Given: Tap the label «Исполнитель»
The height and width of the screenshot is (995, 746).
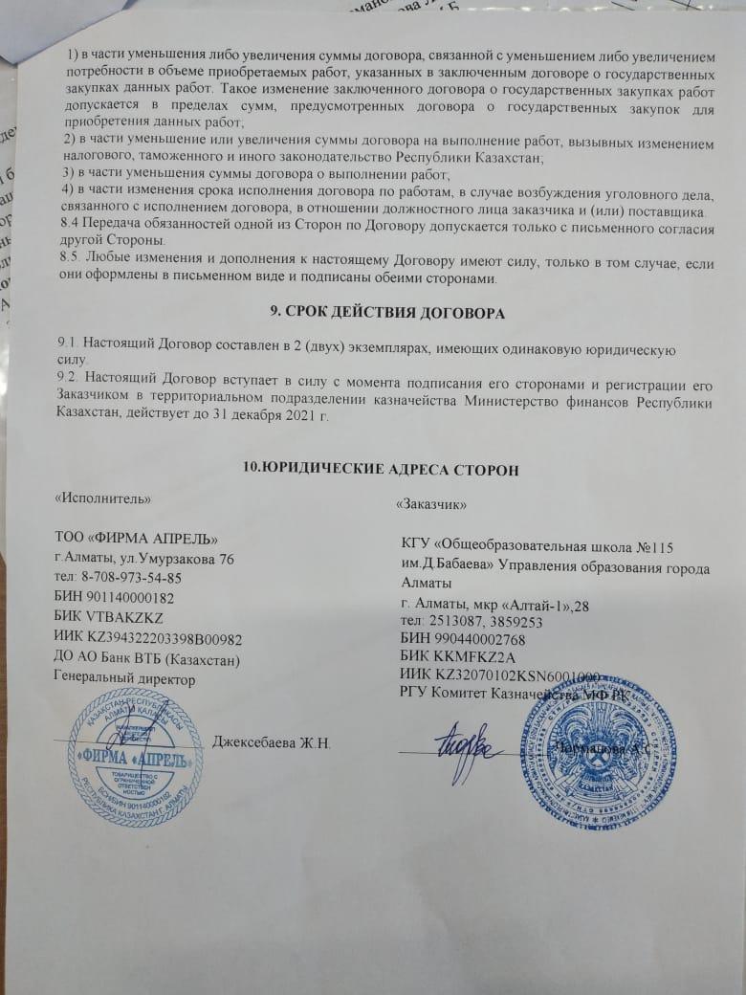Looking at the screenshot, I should pos(103,497).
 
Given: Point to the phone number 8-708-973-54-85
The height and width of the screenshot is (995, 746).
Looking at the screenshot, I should pos(133,579).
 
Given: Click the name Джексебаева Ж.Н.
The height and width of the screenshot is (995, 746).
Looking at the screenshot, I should pos(272,743).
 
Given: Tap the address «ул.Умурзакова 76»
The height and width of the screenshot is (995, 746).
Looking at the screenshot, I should pos(186,559).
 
